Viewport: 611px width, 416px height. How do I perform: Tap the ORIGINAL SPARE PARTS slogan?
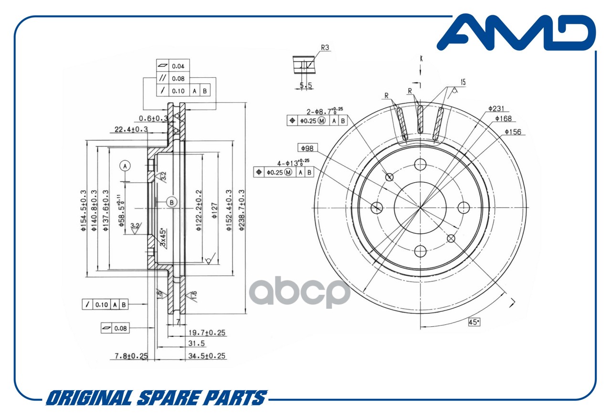click(x=157, y=398)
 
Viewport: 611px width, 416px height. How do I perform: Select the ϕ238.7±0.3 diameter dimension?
click(x=242, y=210)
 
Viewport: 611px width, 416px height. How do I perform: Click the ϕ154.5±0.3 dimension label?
click(x=84, y=210)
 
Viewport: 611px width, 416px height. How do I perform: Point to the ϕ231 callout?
click(x=496, y=109)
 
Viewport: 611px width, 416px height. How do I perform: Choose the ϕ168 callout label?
click(x=504, y=119)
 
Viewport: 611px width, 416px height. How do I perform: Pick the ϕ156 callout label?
click(x=513, y=132)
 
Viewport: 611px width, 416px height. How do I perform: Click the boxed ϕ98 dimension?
click(x=307, y=148)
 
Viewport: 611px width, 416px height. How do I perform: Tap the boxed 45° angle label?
click(x=474, y=322)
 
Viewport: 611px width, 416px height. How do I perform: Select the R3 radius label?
click(x=325, y=47)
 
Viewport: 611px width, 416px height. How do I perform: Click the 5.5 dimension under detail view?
click(x=306, y=85)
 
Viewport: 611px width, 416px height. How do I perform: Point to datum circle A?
click(x=125, y=166)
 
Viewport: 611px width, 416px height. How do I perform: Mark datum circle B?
click(x=171, y=202)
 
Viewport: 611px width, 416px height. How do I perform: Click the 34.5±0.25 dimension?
click(x=207, y=356)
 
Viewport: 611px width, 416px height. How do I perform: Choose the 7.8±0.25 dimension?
click(x=131, y=356)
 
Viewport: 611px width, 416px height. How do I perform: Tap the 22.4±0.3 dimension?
click(x=131, y=129)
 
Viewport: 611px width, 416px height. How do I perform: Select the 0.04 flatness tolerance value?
click(x=178, y=66)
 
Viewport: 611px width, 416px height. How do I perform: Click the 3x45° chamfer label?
click(x=163, y=238)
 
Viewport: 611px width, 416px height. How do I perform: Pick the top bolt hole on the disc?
click(x=421, y=165)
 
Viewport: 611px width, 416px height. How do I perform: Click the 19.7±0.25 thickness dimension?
click(x=207, y=333)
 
